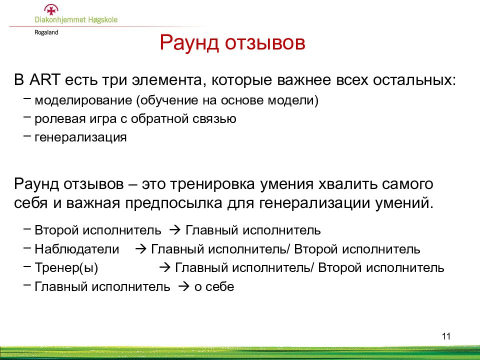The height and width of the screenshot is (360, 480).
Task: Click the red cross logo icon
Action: tap(51, 10)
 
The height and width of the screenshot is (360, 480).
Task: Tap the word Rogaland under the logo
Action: tap(46, 32)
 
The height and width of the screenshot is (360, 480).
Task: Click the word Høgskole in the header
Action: tap(103, 20)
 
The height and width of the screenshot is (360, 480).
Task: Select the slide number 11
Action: tap(446, 336)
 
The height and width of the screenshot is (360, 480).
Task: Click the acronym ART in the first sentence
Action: tap(44, 80)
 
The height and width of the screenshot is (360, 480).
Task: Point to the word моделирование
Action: tap(83, 100)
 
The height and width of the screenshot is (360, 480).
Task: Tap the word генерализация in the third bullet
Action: tap(80, 137)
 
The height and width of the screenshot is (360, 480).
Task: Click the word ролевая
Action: tap(60, 119)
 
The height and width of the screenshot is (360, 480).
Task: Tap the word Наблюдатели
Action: tap(77, 249)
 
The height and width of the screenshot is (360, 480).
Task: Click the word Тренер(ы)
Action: tap(66, 268)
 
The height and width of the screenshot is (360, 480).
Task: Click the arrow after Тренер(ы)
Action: tap(164, 268)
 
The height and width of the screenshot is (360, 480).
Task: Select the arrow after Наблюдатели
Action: tap(141, 249)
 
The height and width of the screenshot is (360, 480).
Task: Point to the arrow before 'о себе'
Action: tap(184, 287)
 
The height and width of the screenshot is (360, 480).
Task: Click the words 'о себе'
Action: tap(214, 287)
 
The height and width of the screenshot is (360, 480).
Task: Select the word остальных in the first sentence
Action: tap(414, 80)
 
